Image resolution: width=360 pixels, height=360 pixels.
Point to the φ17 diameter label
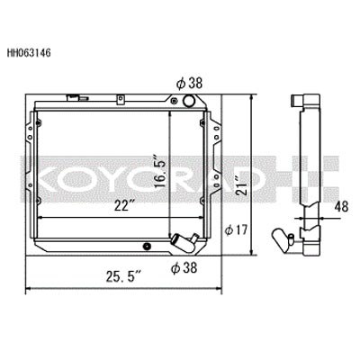point(238,230)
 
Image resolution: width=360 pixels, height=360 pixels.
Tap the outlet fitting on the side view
point(291,238)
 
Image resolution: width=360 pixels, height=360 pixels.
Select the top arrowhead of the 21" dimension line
point(262,95)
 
